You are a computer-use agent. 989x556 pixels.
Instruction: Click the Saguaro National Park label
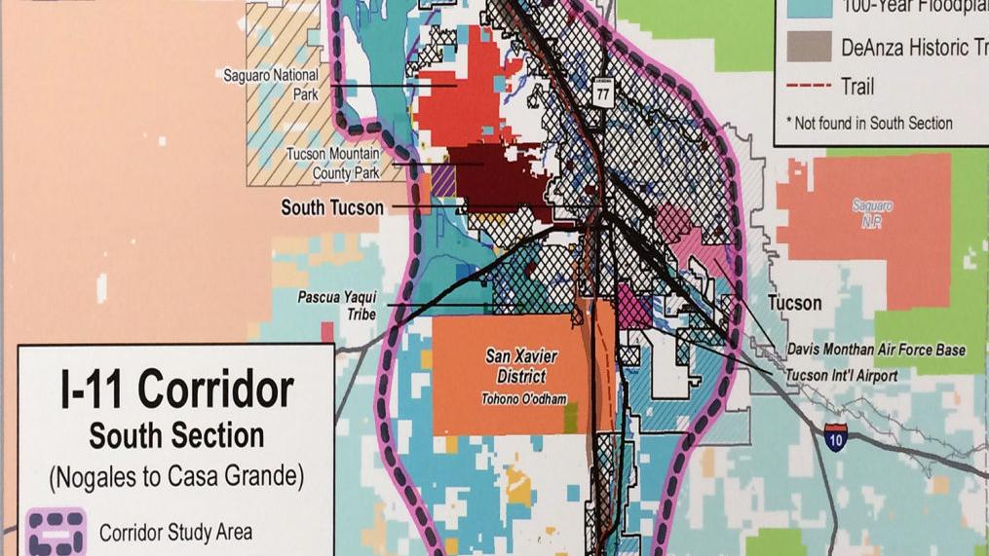269,86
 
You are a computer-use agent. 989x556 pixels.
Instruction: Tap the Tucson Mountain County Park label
331,164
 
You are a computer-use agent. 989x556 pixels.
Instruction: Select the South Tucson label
332,207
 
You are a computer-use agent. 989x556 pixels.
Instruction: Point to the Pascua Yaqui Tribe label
338,305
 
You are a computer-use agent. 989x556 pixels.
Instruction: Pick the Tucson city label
794,303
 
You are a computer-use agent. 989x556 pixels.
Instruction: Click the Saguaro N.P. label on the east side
872,213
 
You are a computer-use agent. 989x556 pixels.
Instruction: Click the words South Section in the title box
176,435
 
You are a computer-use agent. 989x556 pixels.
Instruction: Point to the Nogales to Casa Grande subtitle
176,477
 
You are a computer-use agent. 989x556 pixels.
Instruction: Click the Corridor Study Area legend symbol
57,532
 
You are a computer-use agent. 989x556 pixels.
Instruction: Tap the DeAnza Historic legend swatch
809,47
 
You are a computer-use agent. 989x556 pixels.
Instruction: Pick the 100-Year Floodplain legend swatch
809,8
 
